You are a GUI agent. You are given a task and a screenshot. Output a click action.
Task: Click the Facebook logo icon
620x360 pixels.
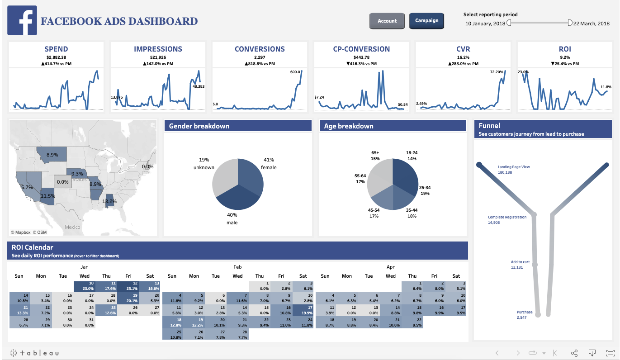[22, 21]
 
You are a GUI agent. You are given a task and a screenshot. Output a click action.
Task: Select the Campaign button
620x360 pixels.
[426, 21]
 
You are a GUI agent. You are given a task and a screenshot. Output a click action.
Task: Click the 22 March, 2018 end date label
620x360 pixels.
[591, 24]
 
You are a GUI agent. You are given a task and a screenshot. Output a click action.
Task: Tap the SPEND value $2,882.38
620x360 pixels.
[56, 57]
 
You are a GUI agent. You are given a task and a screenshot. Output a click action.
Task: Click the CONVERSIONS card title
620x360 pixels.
[260, 49]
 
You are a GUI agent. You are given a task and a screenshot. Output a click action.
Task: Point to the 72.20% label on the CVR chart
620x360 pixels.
[497, 72]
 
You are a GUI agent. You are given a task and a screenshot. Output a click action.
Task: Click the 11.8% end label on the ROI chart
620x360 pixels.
[606, 87]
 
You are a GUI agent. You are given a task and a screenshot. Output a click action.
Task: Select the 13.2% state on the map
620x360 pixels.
[109, 201]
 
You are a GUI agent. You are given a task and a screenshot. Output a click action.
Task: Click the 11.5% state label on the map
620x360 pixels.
[47, 196]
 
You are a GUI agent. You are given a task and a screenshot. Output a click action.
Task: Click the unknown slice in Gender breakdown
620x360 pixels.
[224, 179]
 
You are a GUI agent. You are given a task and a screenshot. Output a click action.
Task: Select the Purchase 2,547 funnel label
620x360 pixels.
[525, 315]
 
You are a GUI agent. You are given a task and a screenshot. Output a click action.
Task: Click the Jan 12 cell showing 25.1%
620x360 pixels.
[128, 286]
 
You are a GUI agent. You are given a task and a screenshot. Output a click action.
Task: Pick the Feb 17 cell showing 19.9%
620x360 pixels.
[303, 310]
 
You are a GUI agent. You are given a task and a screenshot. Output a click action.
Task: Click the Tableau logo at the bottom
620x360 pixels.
[34, 353]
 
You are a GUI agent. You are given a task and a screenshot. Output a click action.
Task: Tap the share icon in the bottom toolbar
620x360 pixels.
[574, 353]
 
